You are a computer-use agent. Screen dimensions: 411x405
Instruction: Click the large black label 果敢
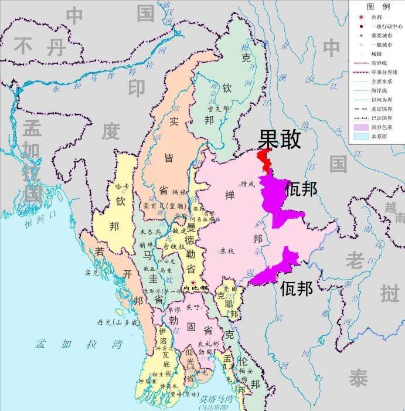280,140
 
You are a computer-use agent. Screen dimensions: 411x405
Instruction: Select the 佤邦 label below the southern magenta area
297,288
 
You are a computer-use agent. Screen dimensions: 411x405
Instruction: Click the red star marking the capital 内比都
193,283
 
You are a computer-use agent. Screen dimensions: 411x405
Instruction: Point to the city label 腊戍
248,184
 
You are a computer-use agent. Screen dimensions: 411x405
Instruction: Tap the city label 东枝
226,250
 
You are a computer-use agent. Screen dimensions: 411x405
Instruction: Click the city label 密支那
218,109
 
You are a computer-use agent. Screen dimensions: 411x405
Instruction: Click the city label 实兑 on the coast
92,272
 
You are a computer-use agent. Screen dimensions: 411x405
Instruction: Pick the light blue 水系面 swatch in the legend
360,136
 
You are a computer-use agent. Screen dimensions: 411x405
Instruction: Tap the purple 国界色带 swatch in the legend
360,127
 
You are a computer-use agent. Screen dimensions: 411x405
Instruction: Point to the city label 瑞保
178,192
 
